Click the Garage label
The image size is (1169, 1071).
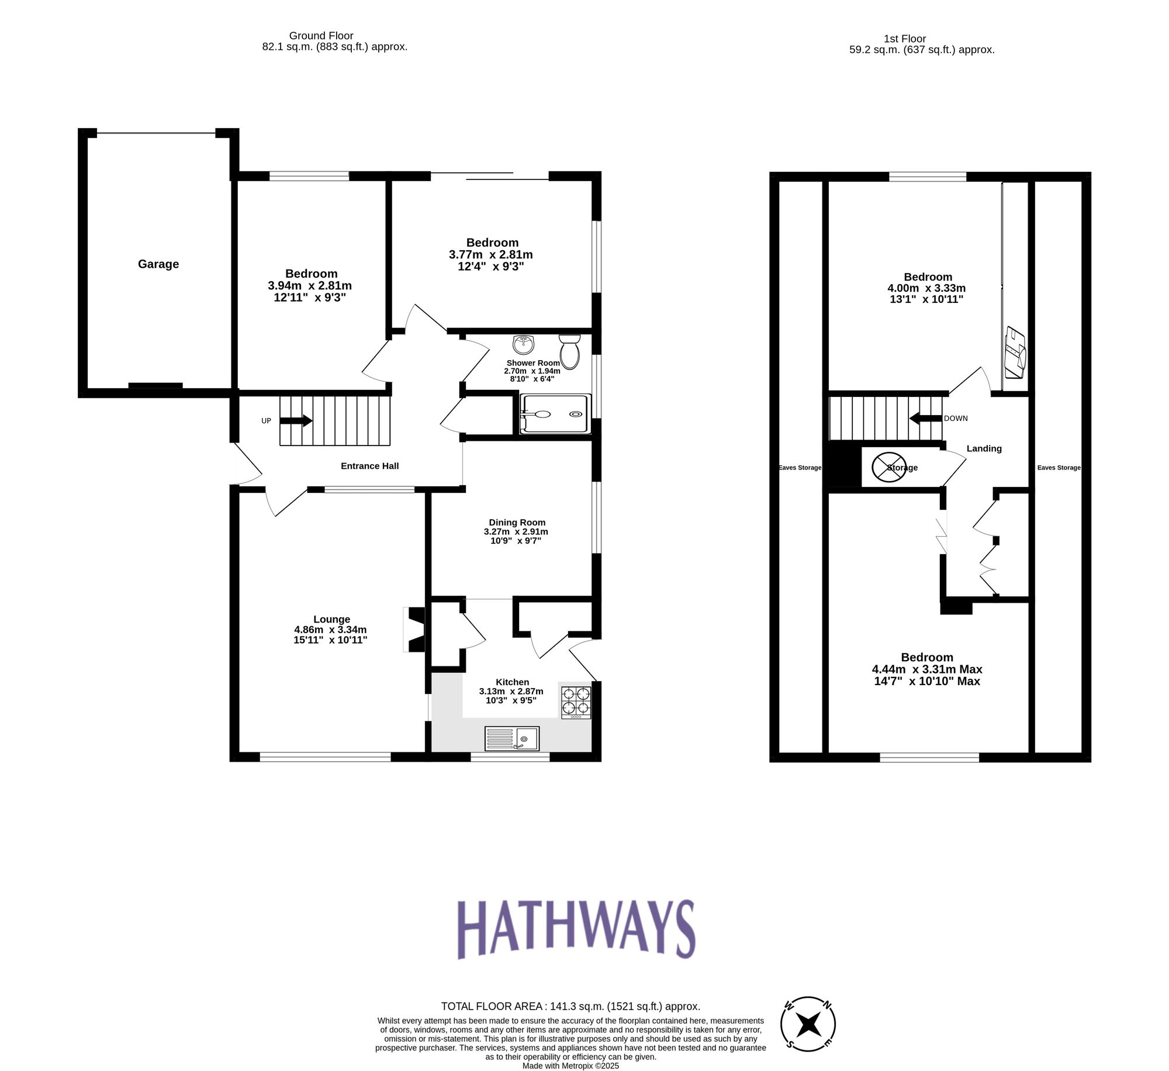[158, 264]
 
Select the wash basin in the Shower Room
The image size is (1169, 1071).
[524, 344]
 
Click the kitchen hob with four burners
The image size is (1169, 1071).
[576, 702]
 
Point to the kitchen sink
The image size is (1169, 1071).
[512, 738]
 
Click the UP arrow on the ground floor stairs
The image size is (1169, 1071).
[296, 420]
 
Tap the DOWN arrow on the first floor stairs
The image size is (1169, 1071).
[924, 419]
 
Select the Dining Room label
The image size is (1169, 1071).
[517, 523]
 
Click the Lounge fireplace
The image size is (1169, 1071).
[416, 630]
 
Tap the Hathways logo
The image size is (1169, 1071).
[576, 930]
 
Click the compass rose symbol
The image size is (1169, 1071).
[808, 1024]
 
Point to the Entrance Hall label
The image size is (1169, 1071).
[369, 466]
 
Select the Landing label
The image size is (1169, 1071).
[984, 448]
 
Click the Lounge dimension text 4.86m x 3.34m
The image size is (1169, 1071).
[330, 630]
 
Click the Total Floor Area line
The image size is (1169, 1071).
[570, 1006]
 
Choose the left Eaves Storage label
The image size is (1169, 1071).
[800, 468]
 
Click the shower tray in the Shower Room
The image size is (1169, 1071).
[555, 414]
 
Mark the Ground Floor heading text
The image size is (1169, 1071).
[321, 36]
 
